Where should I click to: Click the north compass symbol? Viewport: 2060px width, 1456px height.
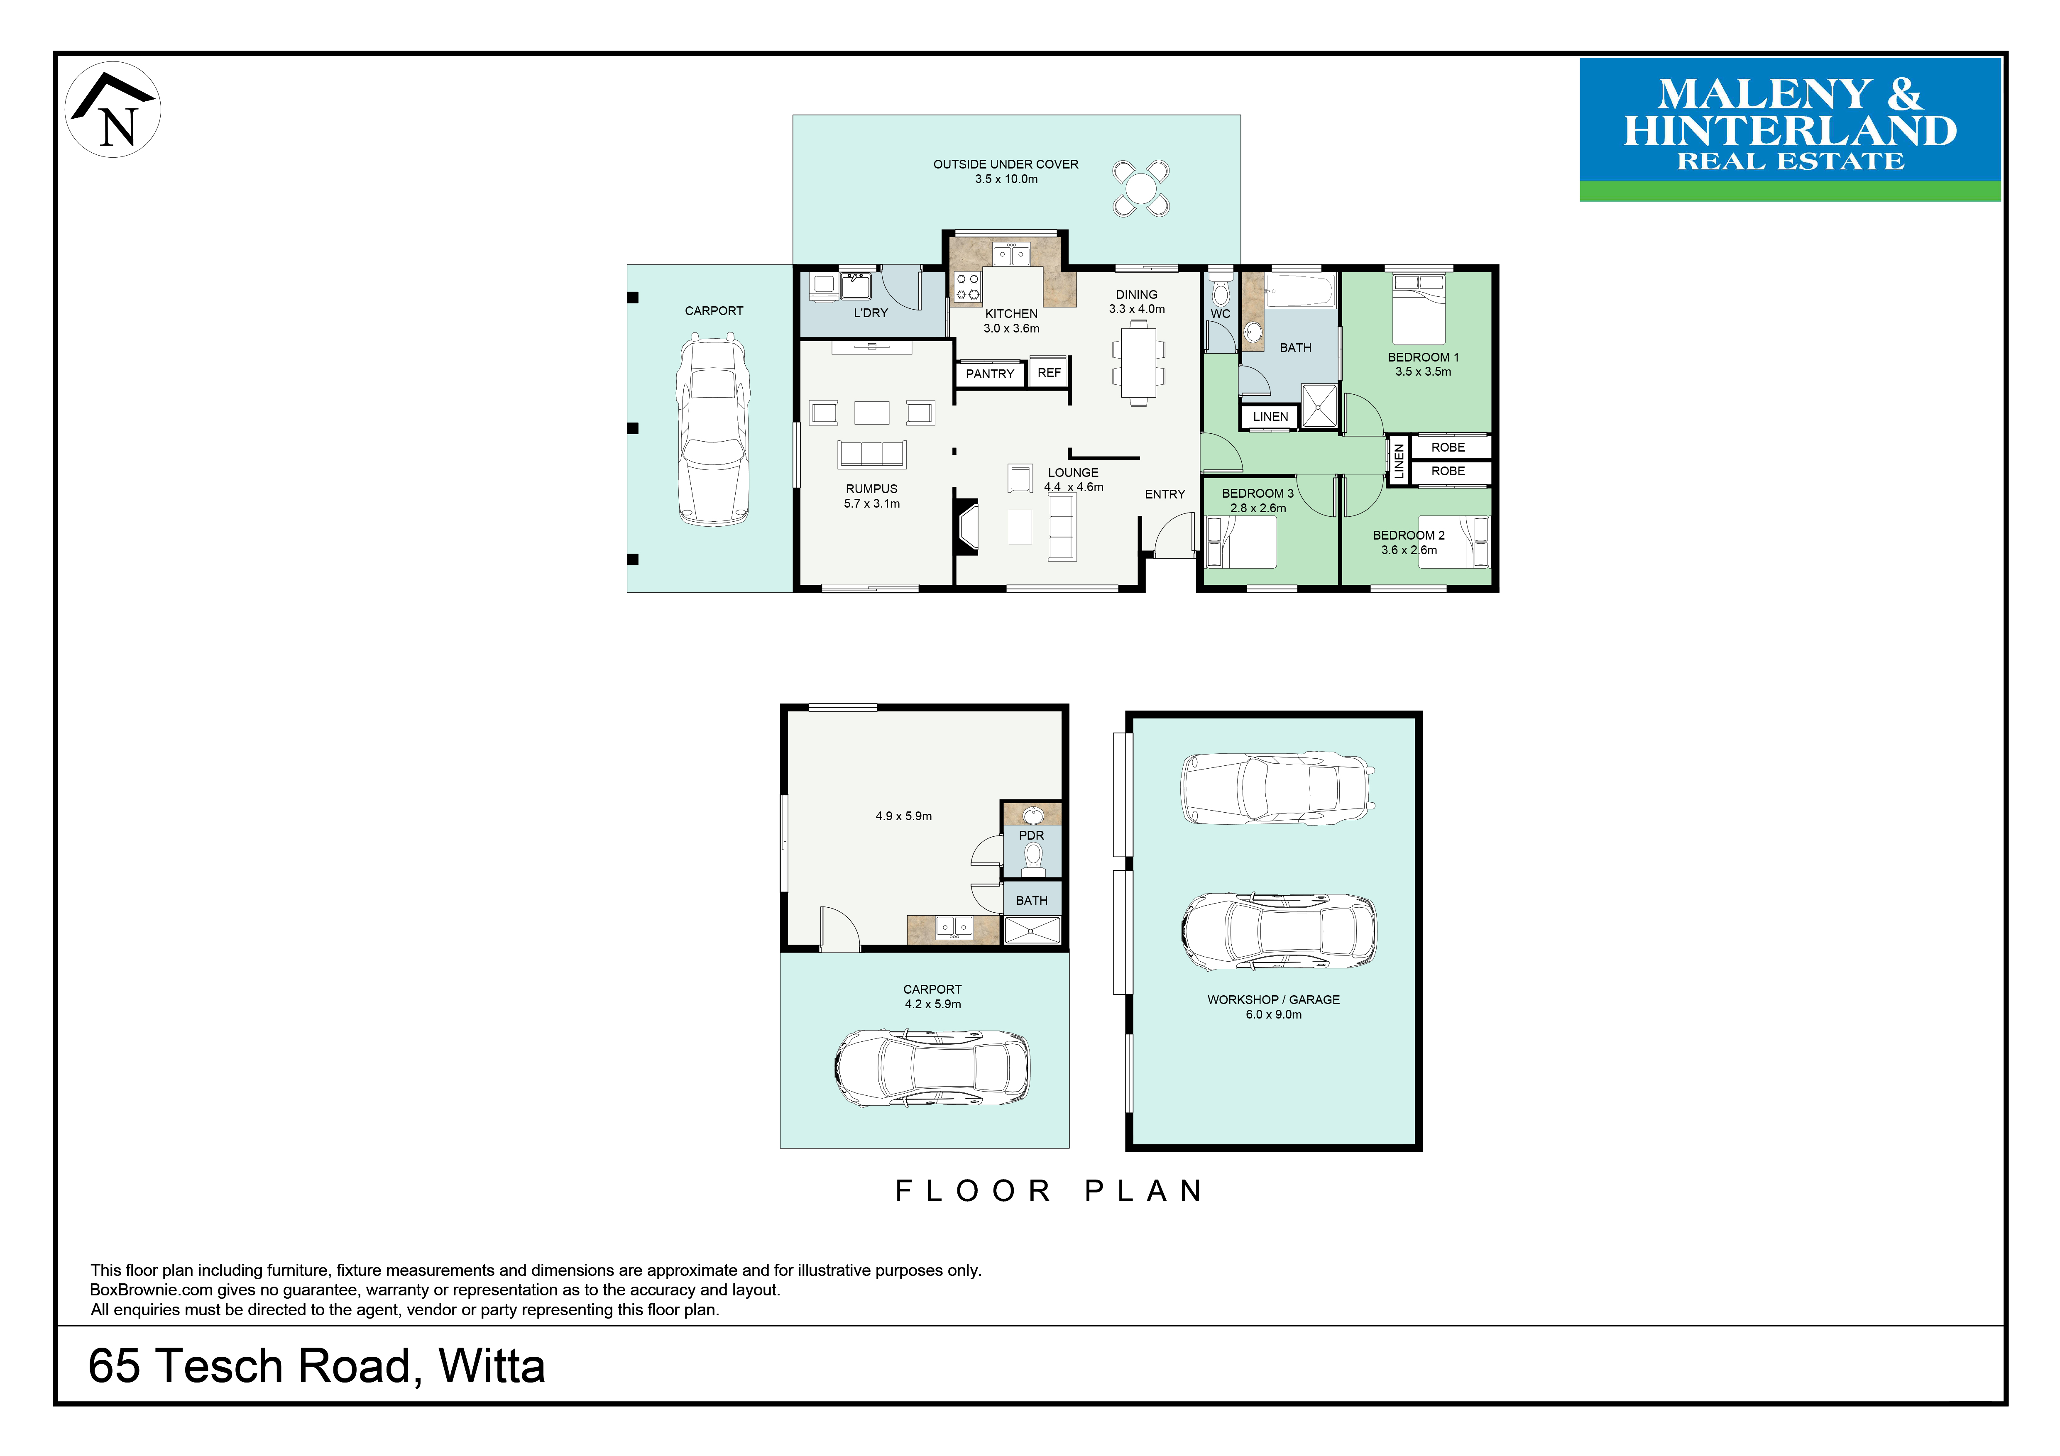coord(113,110)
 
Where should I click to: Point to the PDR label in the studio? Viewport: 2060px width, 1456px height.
coord(1032,835)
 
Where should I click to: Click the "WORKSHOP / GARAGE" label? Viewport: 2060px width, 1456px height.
coord(1273,999)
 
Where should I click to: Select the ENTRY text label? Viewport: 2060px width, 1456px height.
coord(1165,494)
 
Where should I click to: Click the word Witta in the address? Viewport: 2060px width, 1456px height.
coord(492,1366)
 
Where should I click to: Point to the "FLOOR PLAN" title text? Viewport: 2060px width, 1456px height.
coord(1050,1191)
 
